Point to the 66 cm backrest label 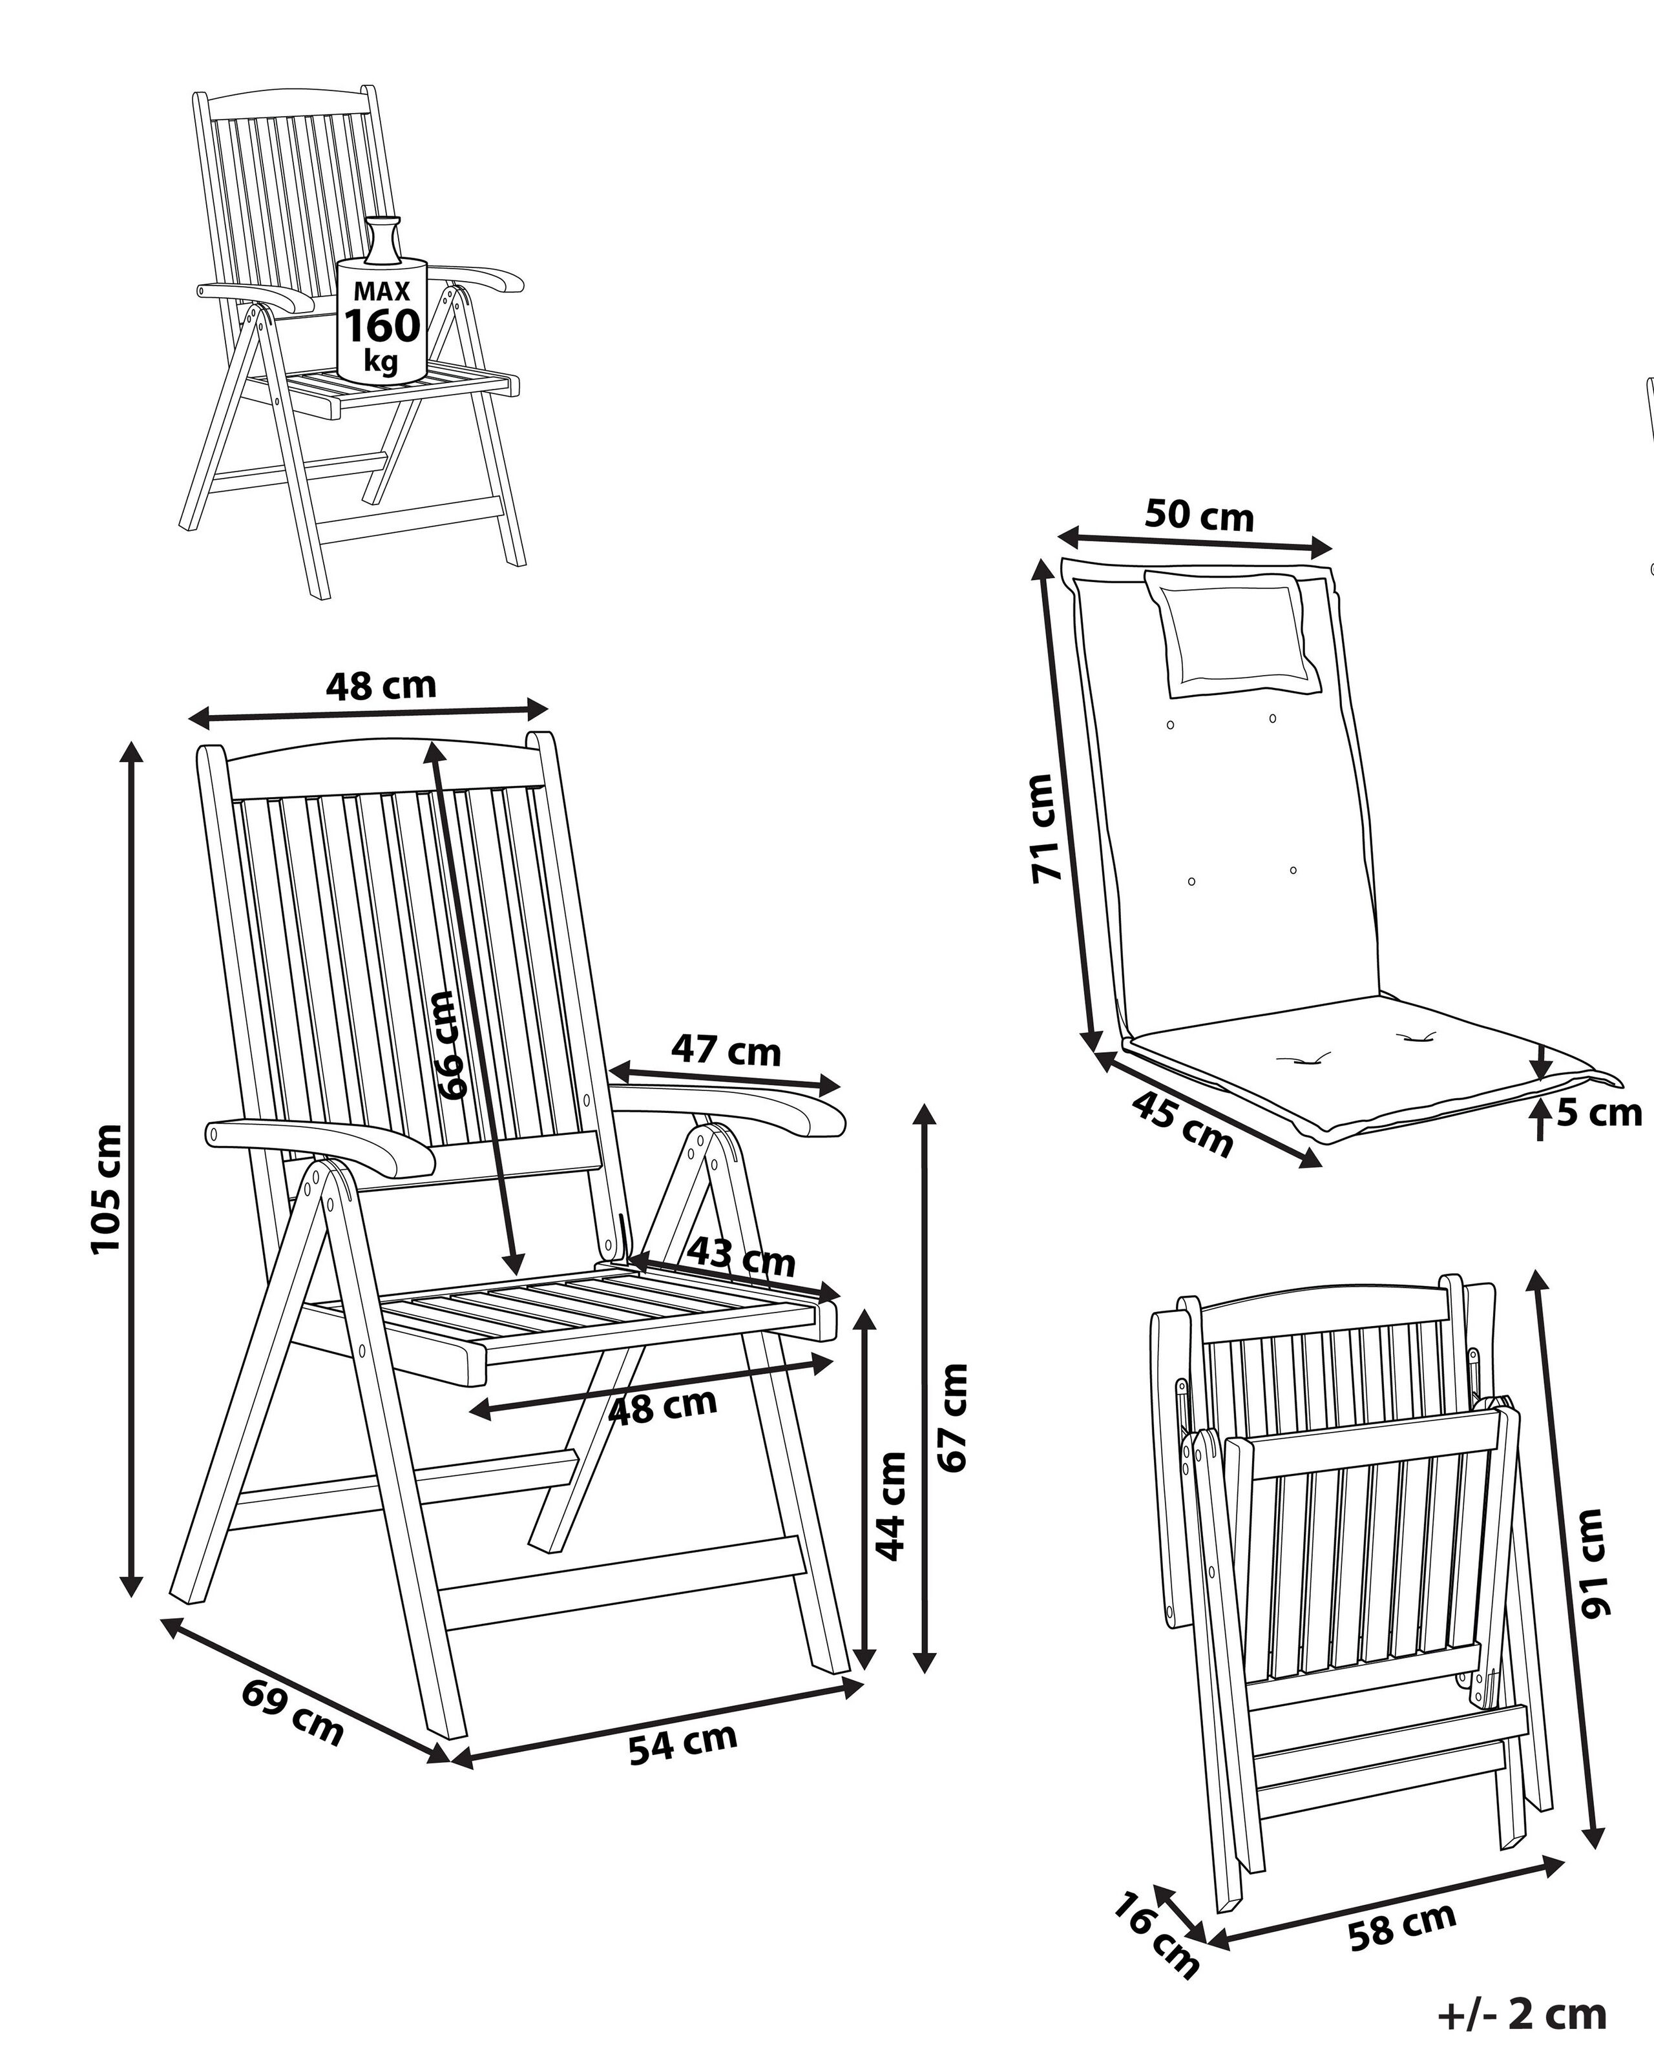(450, 1045)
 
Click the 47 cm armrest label (726, 1050)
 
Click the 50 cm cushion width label (1200, 516)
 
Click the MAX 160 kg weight (382, 324)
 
